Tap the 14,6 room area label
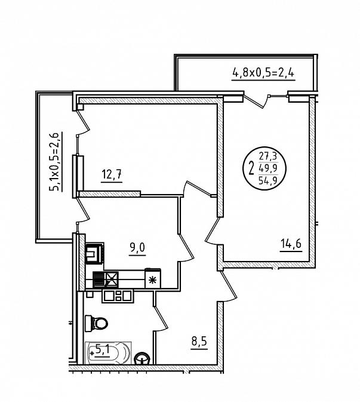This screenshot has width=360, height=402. (291, 244)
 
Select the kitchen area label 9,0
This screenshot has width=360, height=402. (137, 248)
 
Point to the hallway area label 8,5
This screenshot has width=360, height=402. (199, 342)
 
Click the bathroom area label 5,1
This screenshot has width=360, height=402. (103, 349)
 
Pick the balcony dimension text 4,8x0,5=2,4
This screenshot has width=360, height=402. (263, 73)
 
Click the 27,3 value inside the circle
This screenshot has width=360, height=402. (268, 156)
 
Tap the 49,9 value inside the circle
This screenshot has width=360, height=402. (268, 168)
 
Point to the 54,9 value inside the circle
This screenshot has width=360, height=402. (268, 181)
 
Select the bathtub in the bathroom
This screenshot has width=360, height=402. (108, 353)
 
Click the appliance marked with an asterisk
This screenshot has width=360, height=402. (153, 278)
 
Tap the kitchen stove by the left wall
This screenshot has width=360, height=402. (94, 253)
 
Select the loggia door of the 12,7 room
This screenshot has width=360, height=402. (83, 122)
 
